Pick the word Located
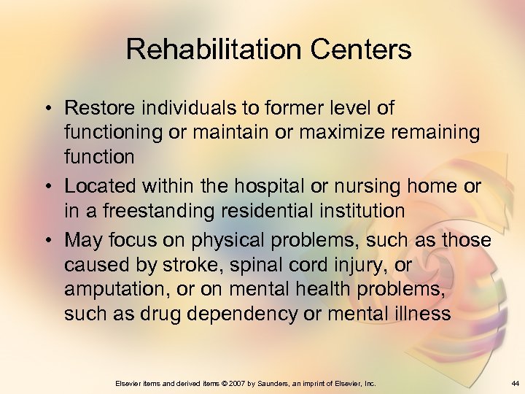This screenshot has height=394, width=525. click(97, 187)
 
